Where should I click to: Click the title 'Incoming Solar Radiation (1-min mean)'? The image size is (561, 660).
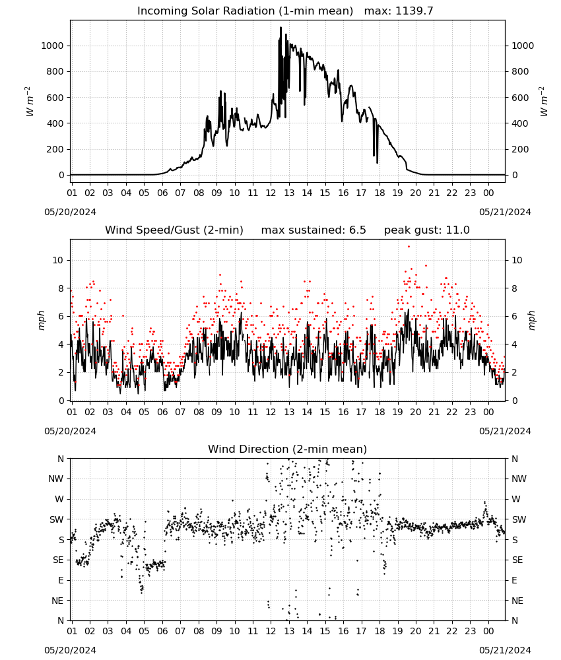[x=245, y=11]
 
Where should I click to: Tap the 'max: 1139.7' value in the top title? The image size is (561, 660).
[x=399, y=11]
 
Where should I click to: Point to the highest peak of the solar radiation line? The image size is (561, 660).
[x=280, y=28]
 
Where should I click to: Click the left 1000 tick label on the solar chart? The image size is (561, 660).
[x=53, y=46]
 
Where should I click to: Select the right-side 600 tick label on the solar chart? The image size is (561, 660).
[x=520, y=98]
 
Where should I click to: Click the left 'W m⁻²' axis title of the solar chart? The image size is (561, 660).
[x=30, y=102]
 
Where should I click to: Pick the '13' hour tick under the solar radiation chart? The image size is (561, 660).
[x=289, y=193]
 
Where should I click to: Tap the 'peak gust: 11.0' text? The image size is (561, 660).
[x=427, y=230]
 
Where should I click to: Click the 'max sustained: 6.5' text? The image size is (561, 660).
[x=313, y=230]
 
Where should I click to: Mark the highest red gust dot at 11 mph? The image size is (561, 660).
[x=409, y=247]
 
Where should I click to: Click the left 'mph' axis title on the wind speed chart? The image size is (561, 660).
[x=41, y=320]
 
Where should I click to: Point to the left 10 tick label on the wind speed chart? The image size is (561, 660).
[x=58, y=261]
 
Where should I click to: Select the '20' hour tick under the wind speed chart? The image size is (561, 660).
[x=416, y=412]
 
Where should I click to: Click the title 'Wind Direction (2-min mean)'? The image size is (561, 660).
[x=288, y=449]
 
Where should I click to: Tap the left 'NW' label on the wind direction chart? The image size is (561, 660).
[x=56, y=479]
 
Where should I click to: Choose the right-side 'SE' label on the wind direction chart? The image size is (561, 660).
[x=517, y=560]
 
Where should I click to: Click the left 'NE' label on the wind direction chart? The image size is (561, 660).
[x=57, y=601]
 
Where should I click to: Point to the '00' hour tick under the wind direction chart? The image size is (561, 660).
[x=488, y=632]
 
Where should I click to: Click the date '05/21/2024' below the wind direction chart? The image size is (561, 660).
[x=505, y=651]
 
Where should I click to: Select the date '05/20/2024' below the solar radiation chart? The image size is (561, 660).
[x=70, y=212]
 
